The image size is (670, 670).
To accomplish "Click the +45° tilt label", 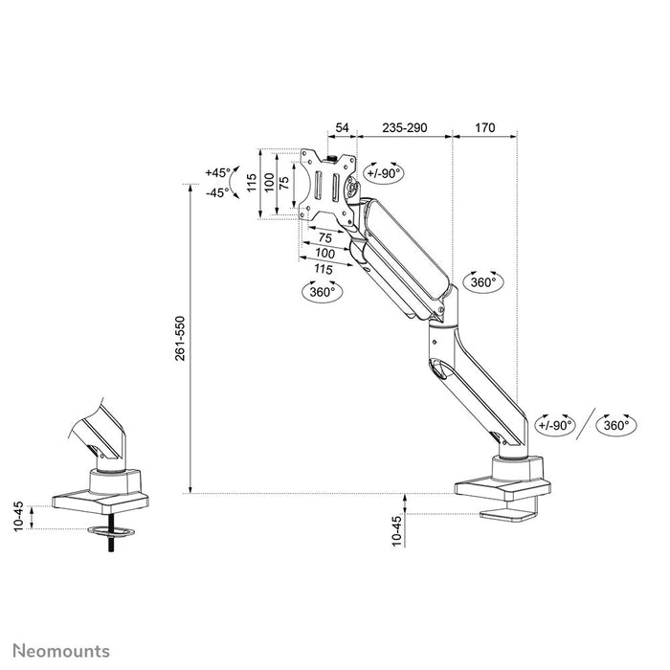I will click(217, 173).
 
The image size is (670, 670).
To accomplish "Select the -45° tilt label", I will click(217, 191).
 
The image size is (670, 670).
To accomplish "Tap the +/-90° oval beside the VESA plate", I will click(383, 173).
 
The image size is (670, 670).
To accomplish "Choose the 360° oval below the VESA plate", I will click(324, 292).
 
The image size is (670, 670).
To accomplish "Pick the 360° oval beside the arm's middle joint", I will click(482, 282).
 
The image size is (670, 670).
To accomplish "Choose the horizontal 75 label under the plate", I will click(324, 237).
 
